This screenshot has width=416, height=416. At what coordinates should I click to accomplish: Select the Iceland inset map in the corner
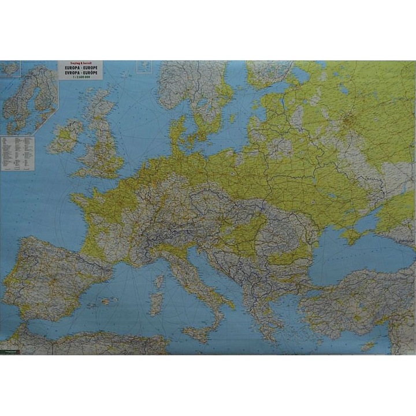coord(10,69)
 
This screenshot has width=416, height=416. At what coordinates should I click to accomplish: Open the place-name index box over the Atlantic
coord(18,153)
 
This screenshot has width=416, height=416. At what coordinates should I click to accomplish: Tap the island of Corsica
coord(159,281)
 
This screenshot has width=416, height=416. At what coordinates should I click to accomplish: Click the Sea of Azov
coord(370,222)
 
